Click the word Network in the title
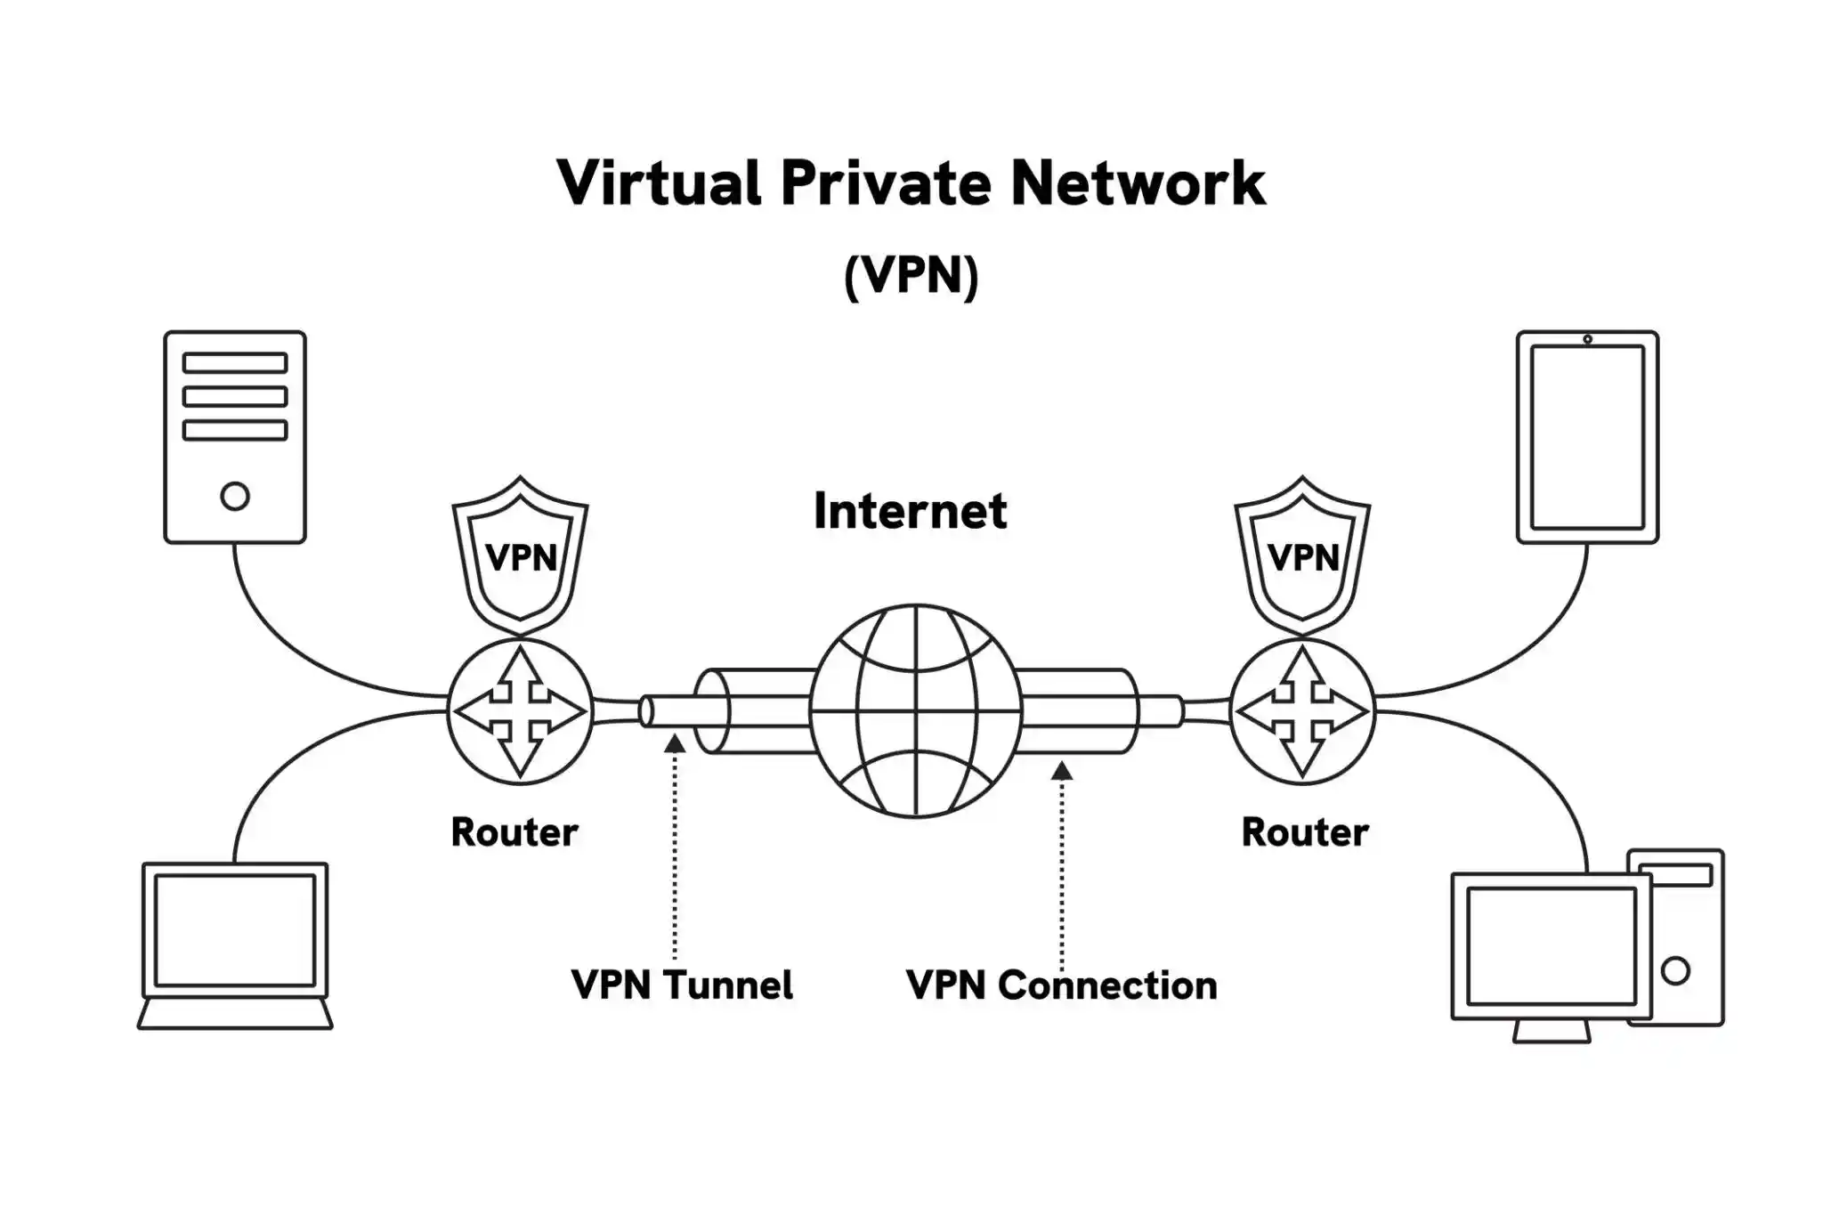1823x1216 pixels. pyautogui.click(x=1137, y=183)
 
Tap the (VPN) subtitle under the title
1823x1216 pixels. pyautogui.click(x=911, y=275)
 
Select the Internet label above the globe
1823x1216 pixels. pyautogui.click(x=910, y=512)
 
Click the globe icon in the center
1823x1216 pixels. pyautogui.click(x=916, y=710)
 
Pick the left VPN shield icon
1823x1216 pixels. pyautogui.click(x=521, y=554)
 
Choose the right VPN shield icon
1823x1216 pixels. pyautogui.click(x=1302, y=554)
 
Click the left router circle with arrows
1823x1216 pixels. pyautogui.click(x=520, y=711)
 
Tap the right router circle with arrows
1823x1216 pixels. pyautogui.click(x=1302, y=711)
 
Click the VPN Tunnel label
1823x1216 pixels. pyautogui.click(x=682, y=985)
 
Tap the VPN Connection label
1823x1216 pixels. pyautogui.click(x=1061, y=985)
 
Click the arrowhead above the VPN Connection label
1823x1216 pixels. pyautogui.click(x=1061, y=770)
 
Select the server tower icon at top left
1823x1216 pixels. pyautogui.click(x=235, y=436)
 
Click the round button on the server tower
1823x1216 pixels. pyautogui.click(x=235, y=496)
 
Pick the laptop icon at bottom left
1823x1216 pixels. pyautogui.click(x=235, y=945)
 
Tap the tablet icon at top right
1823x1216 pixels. pyautogui.click(x=1587, y=436)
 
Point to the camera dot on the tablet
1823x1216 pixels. pyautogui.click(x=1587, y=339)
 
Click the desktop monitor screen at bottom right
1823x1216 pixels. pyautogui.click(x=1552, y=945)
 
